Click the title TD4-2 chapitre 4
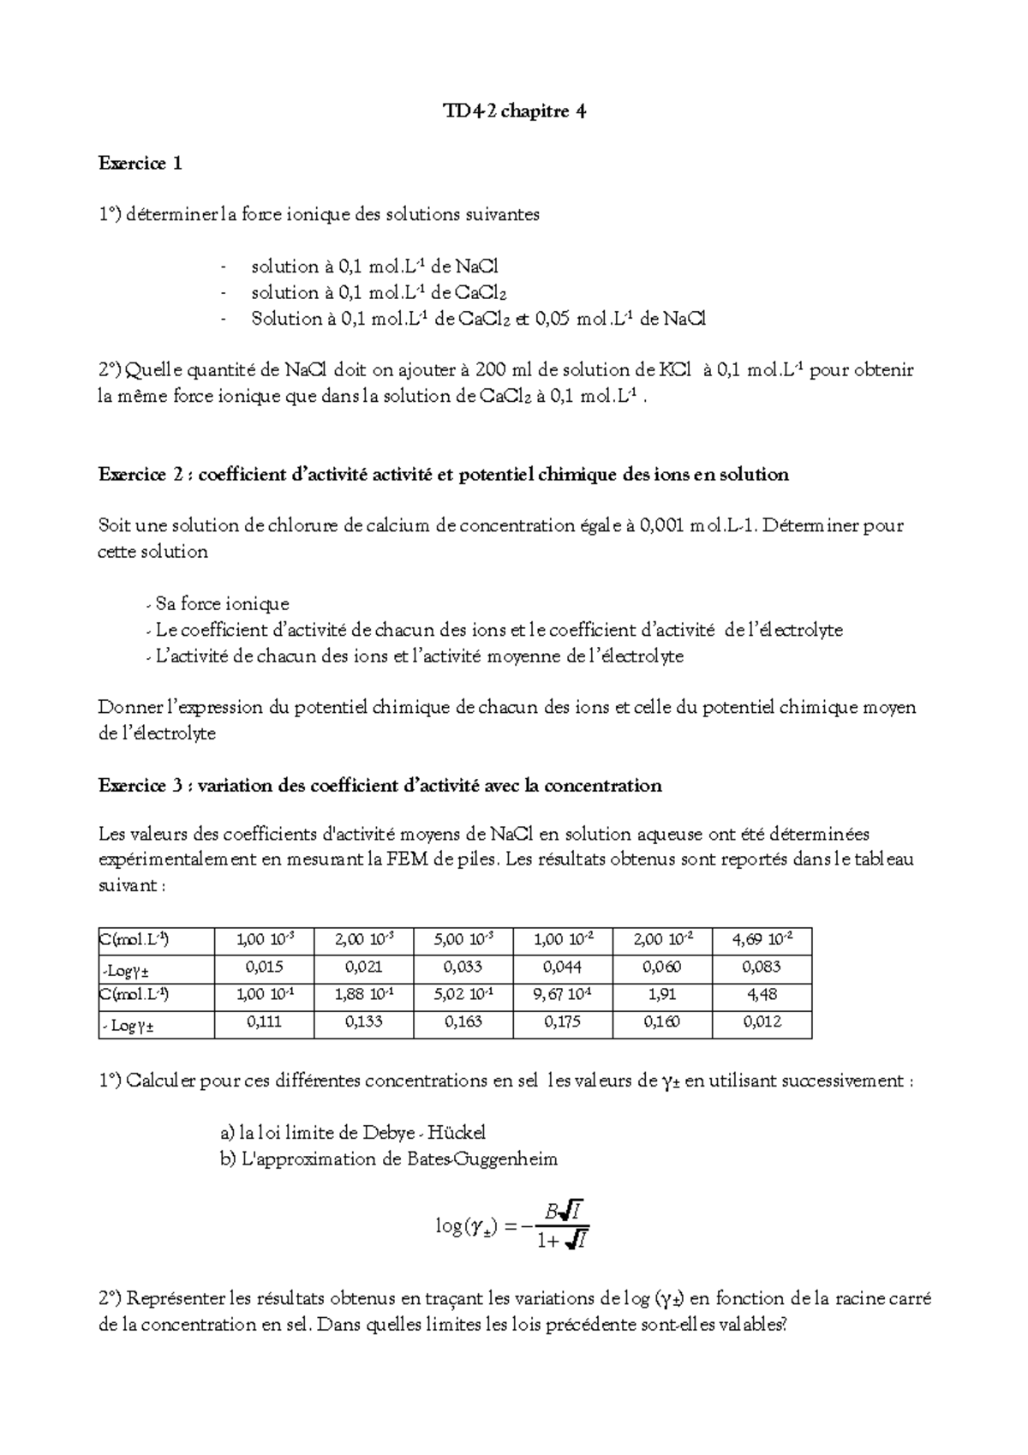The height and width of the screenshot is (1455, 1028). (x=514, y=111)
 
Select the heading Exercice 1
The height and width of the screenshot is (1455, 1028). (x=140, y=163)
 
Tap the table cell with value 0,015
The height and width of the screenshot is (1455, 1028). (x=264, y=967)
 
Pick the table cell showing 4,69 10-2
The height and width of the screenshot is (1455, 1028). (x=762, y=939)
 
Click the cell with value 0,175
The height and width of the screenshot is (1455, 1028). (x=563, y=1022)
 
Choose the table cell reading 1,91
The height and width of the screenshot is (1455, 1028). (x=662, y=995)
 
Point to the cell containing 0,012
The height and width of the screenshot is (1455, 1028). (x=762, y=1022)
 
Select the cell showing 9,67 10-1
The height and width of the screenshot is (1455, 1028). (x=563, y=995)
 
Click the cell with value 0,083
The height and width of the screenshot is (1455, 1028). (x=762, y=967)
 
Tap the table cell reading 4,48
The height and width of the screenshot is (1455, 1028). (x=762, y=995)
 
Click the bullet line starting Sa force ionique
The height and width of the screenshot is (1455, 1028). (x=222, y=604)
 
